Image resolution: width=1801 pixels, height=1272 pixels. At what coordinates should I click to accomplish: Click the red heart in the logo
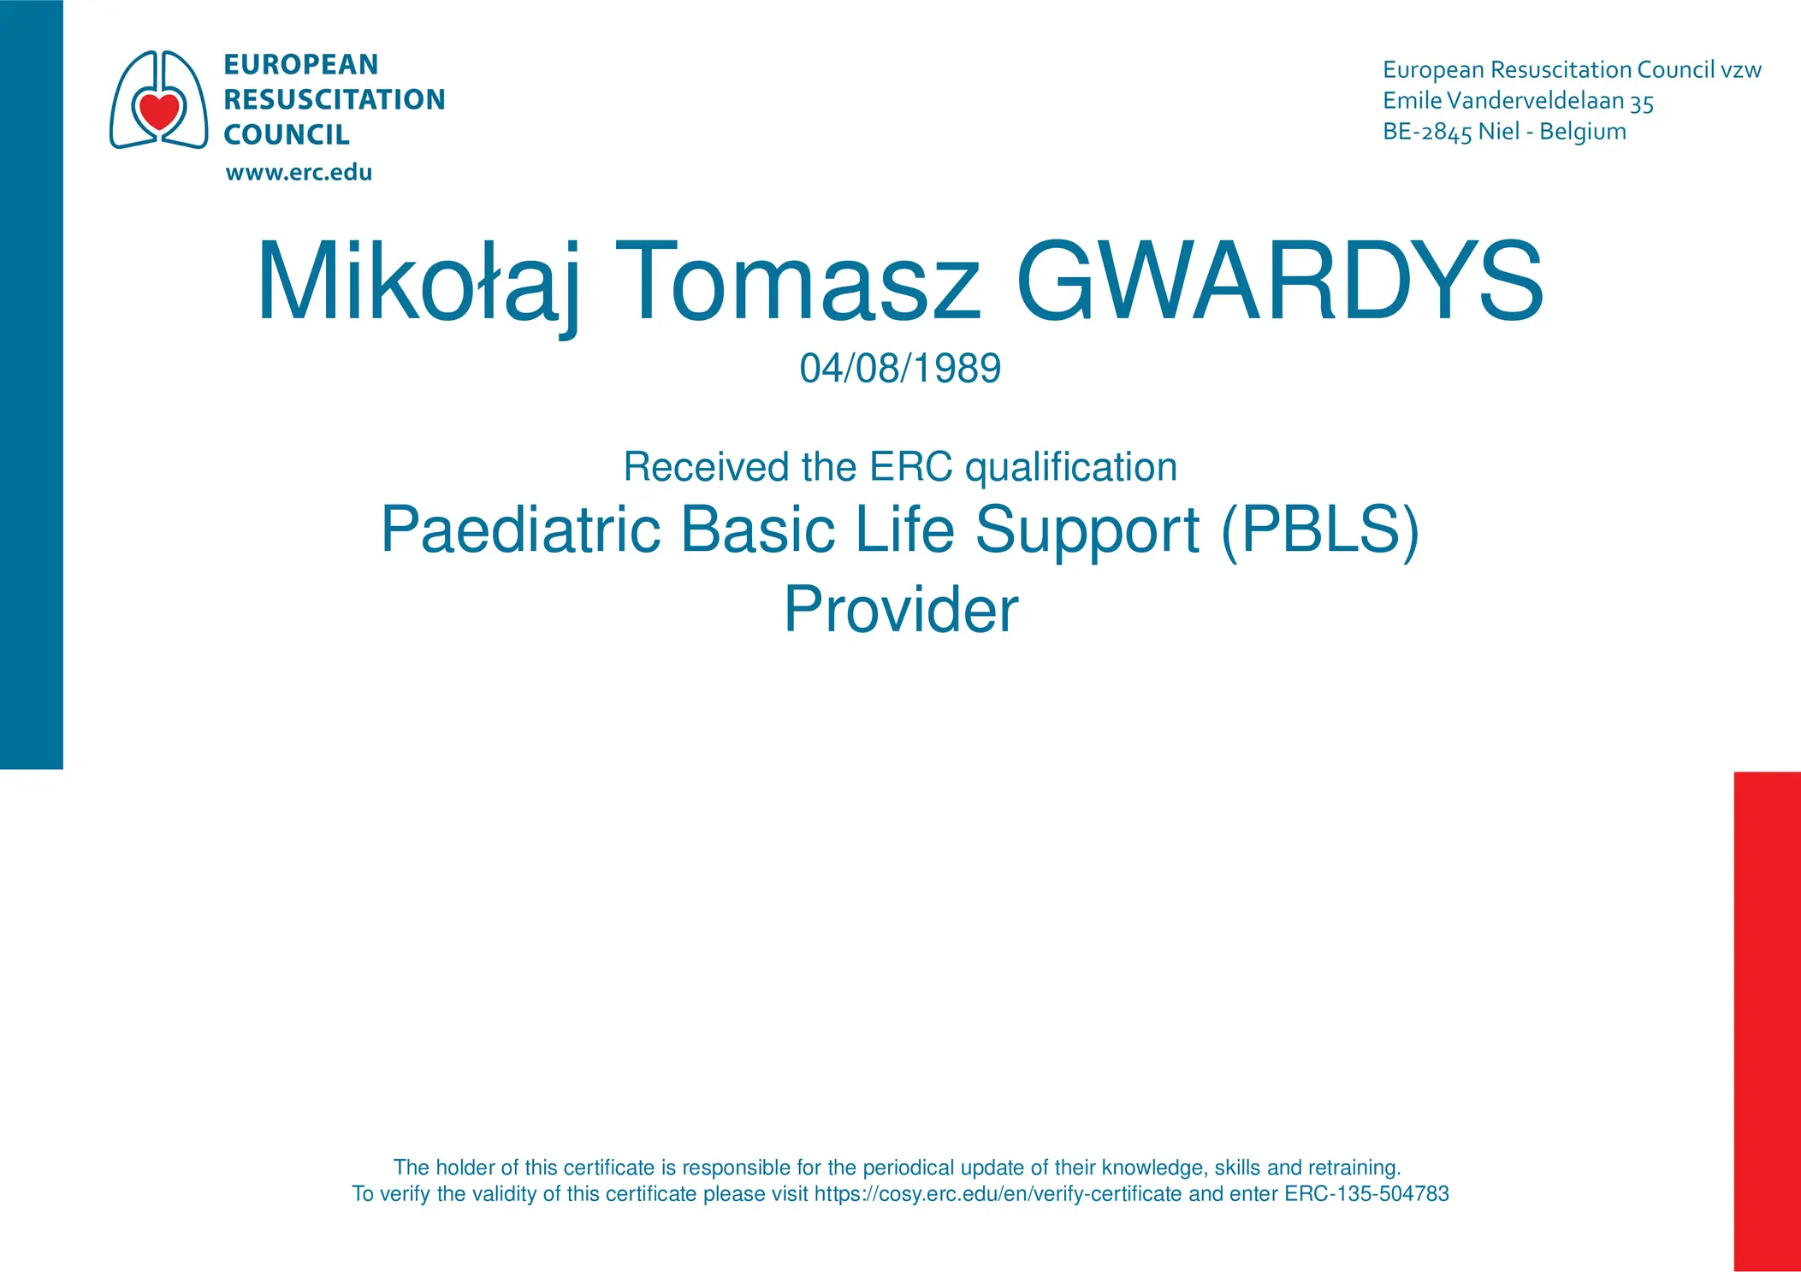[159, 110]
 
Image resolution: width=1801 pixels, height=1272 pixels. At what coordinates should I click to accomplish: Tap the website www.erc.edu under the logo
[299, 172]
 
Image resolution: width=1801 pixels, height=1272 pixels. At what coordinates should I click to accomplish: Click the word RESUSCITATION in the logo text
[335, 99]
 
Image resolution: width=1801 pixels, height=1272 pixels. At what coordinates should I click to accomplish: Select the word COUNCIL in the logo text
[287, 134]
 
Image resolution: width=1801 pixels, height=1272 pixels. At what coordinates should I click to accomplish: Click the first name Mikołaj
[419, 285]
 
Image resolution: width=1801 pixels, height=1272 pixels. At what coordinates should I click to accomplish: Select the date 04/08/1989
[900, 368]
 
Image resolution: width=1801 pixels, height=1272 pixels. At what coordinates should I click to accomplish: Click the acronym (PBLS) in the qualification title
[1320, 530]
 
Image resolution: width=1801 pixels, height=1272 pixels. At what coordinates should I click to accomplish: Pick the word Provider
[901, 609]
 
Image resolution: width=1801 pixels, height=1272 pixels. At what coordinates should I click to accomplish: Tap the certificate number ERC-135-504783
[1366, 1193]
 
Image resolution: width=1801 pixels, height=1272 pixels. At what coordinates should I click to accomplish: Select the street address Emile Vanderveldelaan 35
[1518, 101]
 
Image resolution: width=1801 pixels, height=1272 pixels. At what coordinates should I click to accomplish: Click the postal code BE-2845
[1427, 132]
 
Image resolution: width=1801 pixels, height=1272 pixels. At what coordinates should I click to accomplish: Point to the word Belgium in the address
[1583, 132]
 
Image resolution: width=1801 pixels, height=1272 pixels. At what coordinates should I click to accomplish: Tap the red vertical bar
[1768, 1021]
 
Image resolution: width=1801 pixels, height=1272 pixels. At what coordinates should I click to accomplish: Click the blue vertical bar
[32, 384]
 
